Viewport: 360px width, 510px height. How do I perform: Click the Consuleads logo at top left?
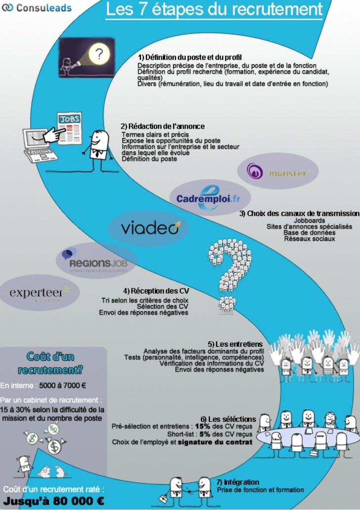point(37,8)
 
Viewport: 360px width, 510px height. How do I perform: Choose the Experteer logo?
point(40,293)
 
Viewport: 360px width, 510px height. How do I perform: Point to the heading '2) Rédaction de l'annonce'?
point(163,127)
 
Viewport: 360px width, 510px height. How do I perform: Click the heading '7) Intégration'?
point(238,482)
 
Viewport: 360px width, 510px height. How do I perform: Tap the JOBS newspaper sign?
point(70,119)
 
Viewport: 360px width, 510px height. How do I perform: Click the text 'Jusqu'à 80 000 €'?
point(54,500)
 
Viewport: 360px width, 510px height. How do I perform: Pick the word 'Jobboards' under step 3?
point(310,221)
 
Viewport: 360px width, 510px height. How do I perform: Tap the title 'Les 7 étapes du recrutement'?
point(214,9)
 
